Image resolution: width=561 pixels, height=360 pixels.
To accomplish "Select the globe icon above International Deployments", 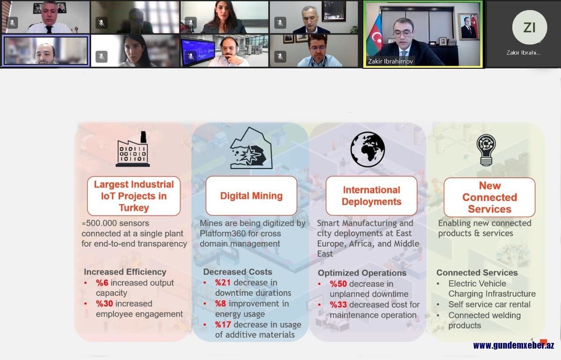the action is point(367,149).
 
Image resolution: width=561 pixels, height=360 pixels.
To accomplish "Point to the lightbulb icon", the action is point(486,150).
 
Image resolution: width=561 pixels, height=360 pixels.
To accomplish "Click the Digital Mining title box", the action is point(251,195).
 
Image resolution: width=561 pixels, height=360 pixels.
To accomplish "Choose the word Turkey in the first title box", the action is point(134,208).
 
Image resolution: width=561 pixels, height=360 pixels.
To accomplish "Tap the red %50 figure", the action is point(338,284).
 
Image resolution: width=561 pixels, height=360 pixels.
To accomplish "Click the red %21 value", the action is point(223,282).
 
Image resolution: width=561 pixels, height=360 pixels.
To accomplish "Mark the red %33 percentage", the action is point(338,304).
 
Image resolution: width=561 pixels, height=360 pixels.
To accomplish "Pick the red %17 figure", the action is point(223,325).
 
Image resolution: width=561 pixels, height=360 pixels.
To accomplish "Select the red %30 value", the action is point(104,304).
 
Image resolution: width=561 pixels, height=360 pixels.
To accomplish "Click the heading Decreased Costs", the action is point(238,272).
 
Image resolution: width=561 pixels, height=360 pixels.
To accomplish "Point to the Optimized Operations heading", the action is point(362,273).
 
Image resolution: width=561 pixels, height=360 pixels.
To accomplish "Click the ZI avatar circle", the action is point(529,27).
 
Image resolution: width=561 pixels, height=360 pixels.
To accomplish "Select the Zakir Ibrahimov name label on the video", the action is point(390,61).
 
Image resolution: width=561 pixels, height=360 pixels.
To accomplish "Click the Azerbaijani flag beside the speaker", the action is point(375,35).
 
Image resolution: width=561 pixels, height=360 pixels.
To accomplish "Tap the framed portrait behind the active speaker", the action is point(469,27).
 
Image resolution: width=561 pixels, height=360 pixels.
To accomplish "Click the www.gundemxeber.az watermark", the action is point(513,346).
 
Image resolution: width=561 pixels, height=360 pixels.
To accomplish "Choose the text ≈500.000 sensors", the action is point(115,223).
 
